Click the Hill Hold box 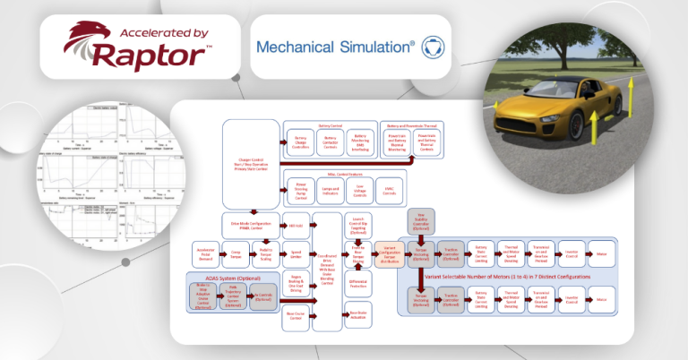point(293,219)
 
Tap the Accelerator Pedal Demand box point(205,253)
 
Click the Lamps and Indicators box point(330,191)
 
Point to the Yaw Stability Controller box point(420,220)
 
